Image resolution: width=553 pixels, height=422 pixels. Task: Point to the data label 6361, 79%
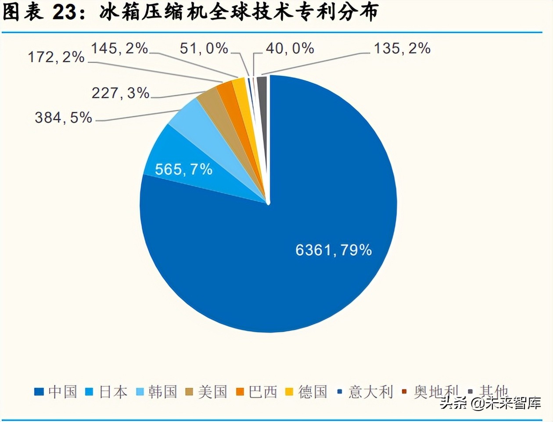coord(334,250)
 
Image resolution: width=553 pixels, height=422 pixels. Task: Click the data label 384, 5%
coord(63,118)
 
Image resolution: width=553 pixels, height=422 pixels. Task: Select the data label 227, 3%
coord(120,93)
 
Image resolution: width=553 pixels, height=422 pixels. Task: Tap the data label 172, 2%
coord(56,57)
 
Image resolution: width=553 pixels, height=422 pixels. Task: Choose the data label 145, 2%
coord(119,48)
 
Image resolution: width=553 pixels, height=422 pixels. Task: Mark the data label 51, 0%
coord(204,48)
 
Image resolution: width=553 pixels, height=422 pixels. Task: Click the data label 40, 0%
coord(290,48)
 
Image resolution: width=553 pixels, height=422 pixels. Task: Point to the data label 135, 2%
coord(402,48)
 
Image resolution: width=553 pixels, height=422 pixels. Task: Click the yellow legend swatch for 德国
coord(289,392)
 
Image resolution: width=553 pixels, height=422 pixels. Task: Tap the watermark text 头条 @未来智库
coord(490,403)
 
